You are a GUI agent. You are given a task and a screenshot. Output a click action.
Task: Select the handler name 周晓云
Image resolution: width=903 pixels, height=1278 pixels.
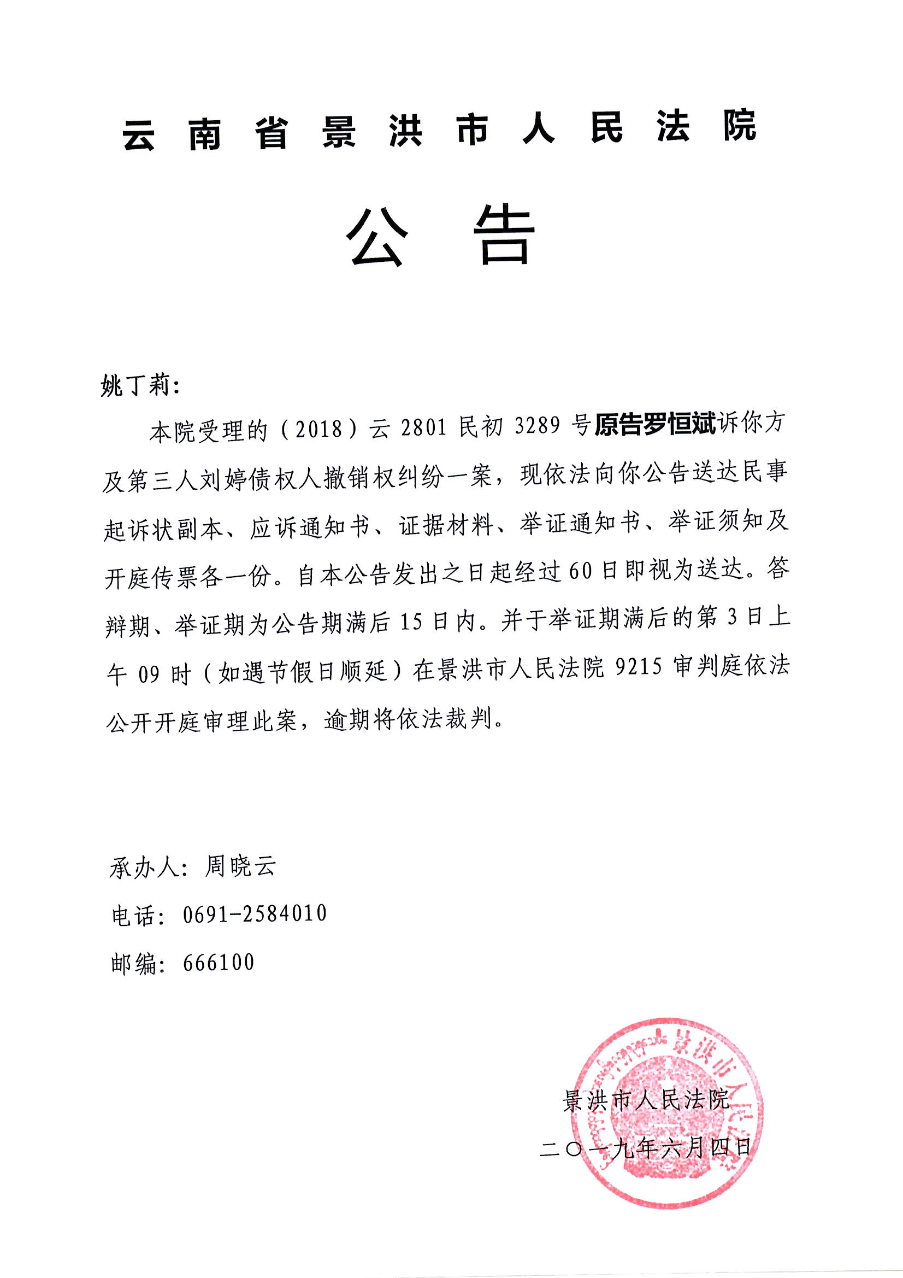tap(240, 867)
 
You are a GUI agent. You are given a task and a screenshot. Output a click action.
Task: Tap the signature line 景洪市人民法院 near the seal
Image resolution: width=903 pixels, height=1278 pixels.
tap(646, 1101)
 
